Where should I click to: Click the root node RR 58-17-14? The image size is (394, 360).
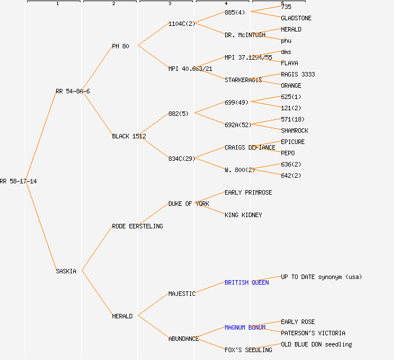pyautogui.click(x=19, y=181)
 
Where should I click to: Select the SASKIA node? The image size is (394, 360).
pyautogui.click(x=66, y=271)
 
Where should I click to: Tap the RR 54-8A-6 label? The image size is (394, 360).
pyautogui.click(x=73, y=91)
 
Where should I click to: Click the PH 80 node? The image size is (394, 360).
pyautogui.click(x=120, y=46)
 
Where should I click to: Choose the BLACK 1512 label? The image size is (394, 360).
pyautogui.click(x=129, y=136)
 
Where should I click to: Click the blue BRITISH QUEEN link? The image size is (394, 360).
pyautogui.click(x=247, y=282)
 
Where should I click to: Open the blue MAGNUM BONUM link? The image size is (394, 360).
pyautogui.click(x=245, y=327)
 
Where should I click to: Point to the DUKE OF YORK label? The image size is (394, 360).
pyautogui.click(x=189, y=204)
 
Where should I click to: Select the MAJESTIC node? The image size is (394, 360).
pyautogui.click(x=182, y=294)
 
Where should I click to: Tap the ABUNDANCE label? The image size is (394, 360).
pyautogui.click(x=183, y=339)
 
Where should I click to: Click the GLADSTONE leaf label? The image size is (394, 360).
pyautogui.click(x=296, y=18)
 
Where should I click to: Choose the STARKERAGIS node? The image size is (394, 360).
pyautogui.click(x=243, y=80)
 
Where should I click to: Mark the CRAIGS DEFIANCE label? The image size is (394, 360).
pyautogui.click(x=250, y=147)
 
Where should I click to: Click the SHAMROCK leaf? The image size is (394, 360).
pyautogui.click(x=294, y=130)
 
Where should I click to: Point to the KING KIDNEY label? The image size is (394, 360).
pyautogui.click(x=243, y=215)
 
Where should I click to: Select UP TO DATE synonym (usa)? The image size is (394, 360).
pyautogui.click(x=321, y=277)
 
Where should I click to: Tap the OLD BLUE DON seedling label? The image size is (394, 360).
pyautogui.click(x=316, y=344)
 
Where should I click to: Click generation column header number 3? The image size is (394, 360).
pyautogui.click(x=169, y=4)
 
